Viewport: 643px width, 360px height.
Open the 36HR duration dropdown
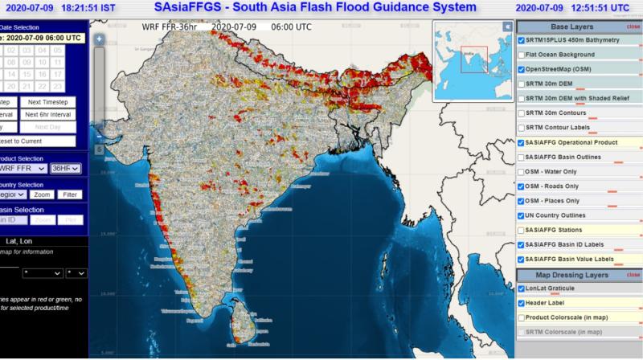[x=65, y=169]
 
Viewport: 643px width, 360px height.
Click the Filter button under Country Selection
[x=70, y=194]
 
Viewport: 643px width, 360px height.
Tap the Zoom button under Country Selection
[x=43, y=194]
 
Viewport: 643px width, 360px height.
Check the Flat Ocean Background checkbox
[x=522, y=55]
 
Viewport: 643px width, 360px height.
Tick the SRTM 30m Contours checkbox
[x=522, y=113]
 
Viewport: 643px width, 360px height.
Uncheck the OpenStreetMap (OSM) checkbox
[x=522, y=69]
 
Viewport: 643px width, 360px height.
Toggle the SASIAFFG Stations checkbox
[x=522, y=230]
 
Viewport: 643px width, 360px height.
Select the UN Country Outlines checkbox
[x=522, y=215]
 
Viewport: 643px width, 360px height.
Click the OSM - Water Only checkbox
[x=522, y=171]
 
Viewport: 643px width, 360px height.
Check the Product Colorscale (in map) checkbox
[x=522, y=317]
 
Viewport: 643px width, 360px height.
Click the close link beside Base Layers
[x=633, y=27]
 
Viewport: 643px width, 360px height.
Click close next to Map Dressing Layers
[x=633, y=275]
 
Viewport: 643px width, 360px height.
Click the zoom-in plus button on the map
[x=99, y=37]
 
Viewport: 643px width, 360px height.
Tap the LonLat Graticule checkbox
[x=522, y=288]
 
